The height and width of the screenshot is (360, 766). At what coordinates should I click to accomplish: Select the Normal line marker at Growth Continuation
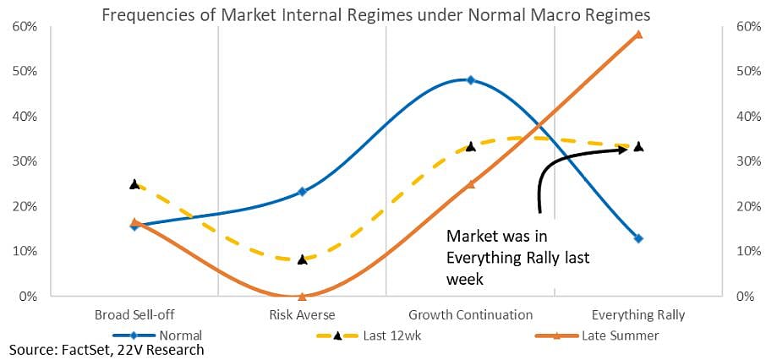(x=471, y=80)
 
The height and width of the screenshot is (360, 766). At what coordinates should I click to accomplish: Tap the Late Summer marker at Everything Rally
(x=638, y=35)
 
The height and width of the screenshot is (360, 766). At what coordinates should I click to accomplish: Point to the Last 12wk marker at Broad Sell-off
(x=134, y=183)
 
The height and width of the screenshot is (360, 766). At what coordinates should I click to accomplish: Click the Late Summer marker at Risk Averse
(x=302, y=297)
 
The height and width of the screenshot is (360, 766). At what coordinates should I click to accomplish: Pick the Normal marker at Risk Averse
(x=302, y=192)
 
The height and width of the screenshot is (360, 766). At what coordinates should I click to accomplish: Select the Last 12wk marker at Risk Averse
(x=302, y=259)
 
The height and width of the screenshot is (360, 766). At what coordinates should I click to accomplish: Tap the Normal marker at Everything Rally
(x=638, y=239)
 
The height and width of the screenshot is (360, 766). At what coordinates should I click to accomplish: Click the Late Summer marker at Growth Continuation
(x=471, y=183)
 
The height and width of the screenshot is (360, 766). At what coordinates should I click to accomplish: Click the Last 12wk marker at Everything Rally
(x=638, y=146)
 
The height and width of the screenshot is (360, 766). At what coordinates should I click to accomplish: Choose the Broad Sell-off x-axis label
(x=134, y=315)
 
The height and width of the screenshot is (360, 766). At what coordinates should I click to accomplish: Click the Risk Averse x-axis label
(x=302, y=315)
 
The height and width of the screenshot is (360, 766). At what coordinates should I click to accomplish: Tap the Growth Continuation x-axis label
(x=471, y=315)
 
